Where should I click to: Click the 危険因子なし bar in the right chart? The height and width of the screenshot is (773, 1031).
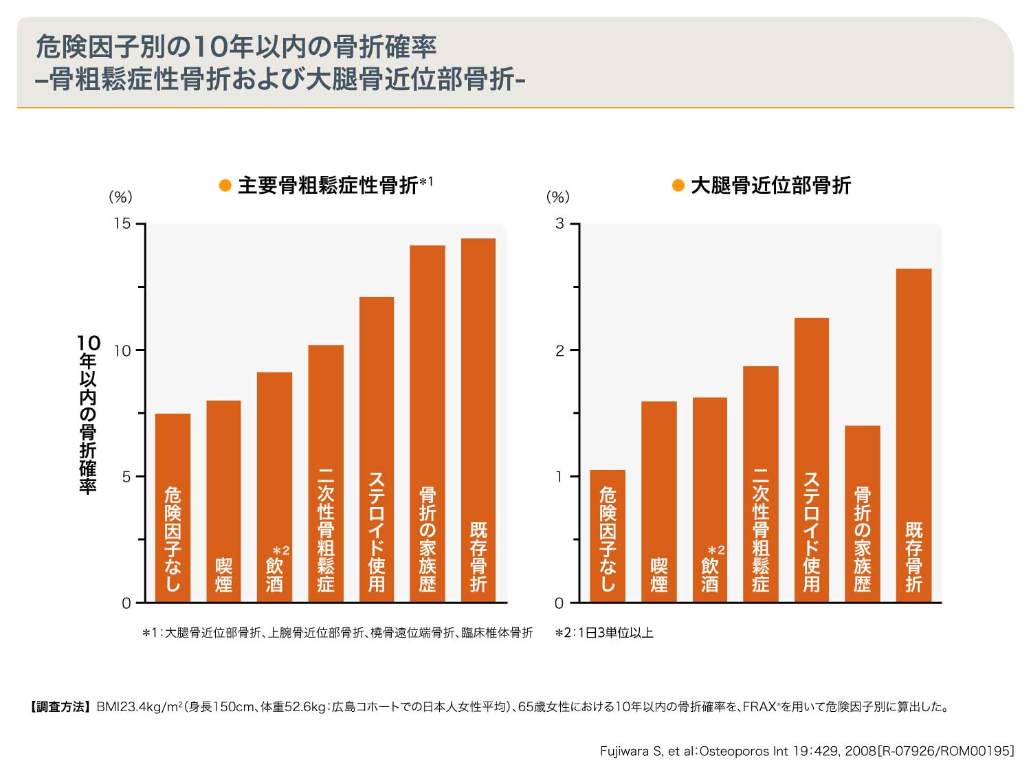pyautogui.click(x=608, y=536)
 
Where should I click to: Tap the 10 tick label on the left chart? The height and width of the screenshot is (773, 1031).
pyautogui.click(x=122, y=350)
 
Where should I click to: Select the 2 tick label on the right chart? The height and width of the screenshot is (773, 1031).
pyautogui.click(x=559, y=350)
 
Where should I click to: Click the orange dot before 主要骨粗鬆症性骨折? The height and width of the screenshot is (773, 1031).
pyautogui.click(x=225, y=186)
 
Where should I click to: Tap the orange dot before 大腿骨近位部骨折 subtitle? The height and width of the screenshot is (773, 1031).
pyautogui.click(x=678, y=186)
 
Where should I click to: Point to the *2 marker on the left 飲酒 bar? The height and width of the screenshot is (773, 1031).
pyautogui.click(x=281, y=551)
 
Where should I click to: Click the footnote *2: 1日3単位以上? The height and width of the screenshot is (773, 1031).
pyautogui.click(x=604, y=633)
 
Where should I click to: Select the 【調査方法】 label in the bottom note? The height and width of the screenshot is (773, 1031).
pyautogui.click(x=59, y=707)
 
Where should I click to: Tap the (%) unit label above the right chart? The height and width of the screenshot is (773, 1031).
pyautogui.click(x=557, y=197)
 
